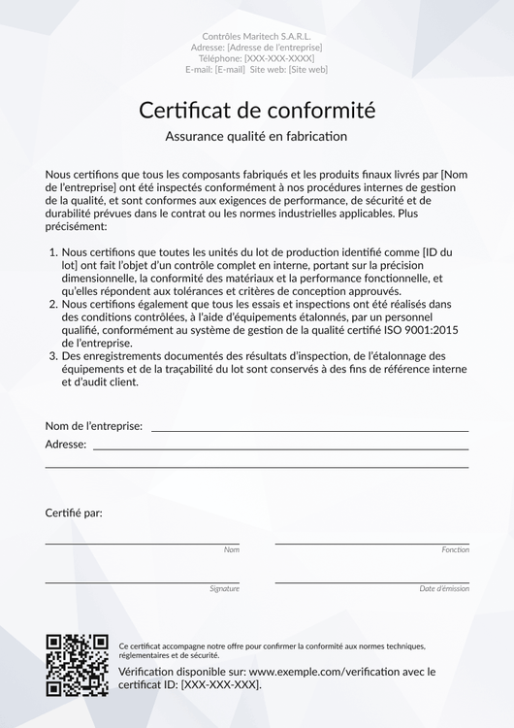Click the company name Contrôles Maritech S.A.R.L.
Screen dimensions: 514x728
pyautogui.click(x=256, y=36)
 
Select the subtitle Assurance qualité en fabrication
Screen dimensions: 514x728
pyautogui.click(x=256, y=137)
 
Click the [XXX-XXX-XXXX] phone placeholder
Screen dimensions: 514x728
pyautogui.click(x=278, y=58)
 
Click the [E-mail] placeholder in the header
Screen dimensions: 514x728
pyautogui.click(x=230, y=70)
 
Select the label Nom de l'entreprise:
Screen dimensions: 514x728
pyautogui.click(x=94, y=426)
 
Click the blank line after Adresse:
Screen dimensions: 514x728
pyautogui.click(x=280, y=447)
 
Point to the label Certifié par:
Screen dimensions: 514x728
pyautogui.click(x=74, y=513)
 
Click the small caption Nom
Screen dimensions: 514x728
pyautogui.click(x=231, y=549)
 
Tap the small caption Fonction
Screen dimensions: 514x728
pyautogui.click(x=455, y=549)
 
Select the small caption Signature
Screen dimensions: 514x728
pyautogui.click(x=224, y=588)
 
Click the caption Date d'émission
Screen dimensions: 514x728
pyautogui.click(x=444, y=588)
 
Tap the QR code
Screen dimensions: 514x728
pyautogui.click(x=77, y=665)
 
